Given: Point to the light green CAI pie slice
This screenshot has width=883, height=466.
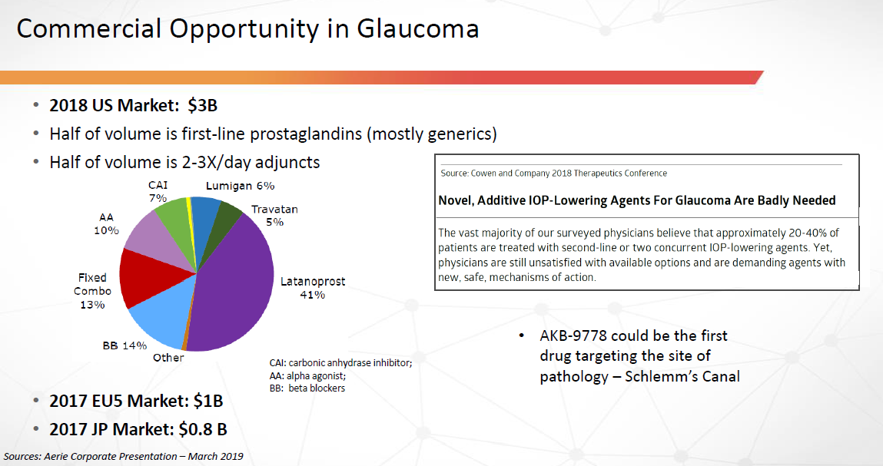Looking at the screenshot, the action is coord(174,216).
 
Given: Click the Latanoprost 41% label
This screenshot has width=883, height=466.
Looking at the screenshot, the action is coord(313,288).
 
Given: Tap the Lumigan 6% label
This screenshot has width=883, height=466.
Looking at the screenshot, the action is coord(240,186).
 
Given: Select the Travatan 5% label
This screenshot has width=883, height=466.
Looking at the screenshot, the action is coord(274,216).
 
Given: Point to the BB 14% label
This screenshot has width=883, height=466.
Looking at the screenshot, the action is coord(124,345).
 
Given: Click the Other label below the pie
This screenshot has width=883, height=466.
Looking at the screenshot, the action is coord(168,358).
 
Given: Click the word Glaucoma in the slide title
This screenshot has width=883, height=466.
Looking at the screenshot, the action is coord(417,28).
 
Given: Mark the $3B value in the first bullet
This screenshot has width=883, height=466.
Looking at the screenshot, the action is coord(202,105).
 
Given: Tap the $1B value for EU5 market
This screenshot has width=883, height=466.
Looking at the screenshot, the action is coord(207,401).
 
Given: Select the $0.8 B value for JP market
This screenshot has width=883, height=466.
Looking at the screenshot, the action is coord(203,429).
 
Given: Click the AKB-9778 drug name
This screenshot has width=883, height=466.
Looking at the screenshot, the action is coord(573,336).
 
